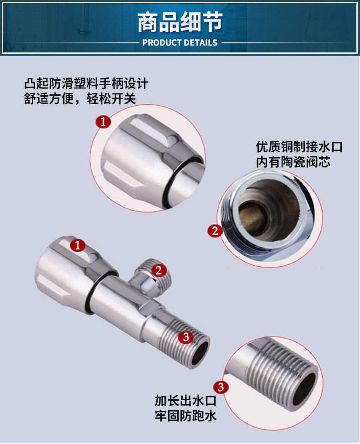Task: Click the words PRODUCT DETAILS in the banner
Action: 180,43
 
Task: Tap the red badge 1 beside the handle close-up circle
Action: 103,122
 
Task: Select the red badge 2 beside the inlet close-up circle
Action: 215,231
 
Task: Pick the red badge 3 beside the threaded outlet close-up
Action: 221,387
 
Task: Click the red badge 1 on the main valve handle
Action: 77,245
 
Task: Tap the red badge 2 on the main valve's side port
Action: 159,271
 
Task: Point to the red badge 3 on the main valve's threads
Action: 186,337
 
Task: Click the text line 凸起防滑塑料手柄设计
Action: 86,83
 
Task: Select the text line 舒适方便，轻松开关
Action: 80,98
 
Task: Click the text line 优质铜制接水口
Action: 299,147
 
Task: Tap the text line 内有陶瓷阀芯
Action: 293,162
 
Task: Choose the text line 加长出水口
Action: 185,401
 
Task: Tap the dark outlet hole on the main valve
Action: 200,353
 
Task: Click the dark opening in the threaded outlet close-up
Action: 304,388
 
